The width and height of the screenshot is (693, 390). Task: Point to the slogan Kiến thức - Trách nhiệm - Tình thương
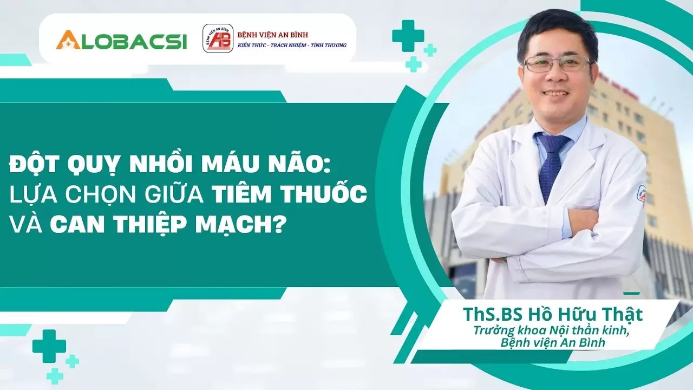click(x=292, y=45)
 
